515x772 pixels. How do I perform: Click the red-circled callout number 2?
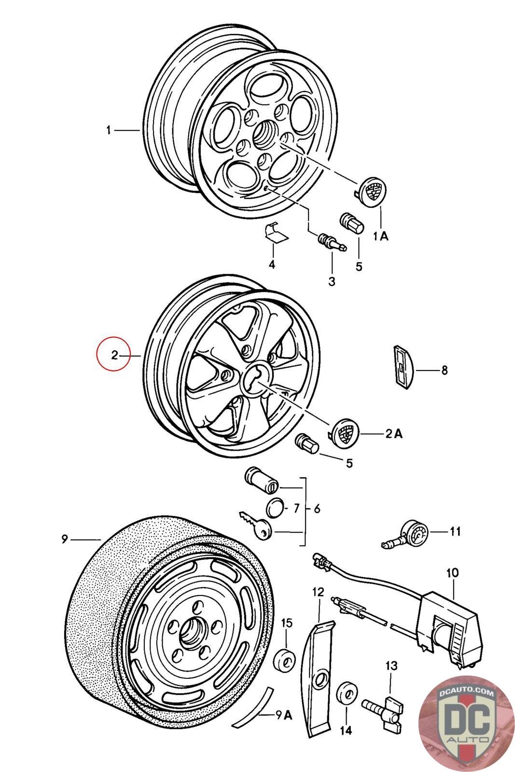pyautogui.click(x=114, y=355)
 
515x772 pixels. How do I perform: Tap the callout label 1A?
pyautogui.click(x=380, y=236)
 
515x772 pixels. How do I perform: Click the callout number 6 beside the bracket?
pyautogui.click(x=317, y=509)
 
